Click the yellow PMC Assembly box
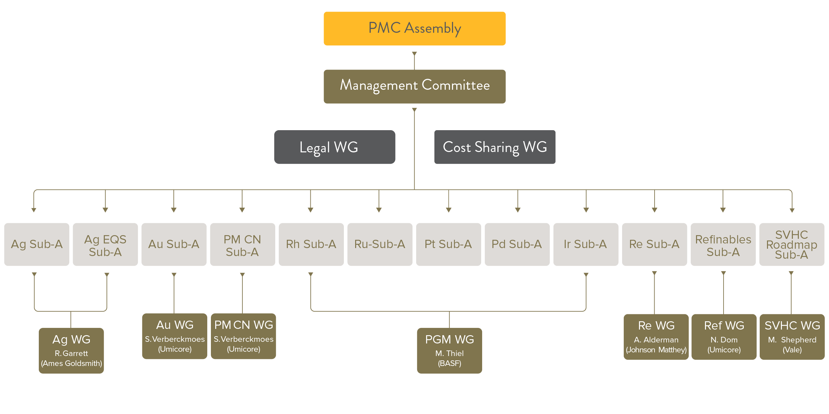[414, 28]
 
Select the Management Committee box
[414, 86]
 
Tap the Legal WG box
[335, 147]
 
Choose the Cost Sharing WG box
[495, 147]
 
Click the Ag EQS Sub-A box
[105, 245]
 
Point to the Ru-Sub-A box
[380, 244]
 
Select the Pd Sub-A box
[517, 244]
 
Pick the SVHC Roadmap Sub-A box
[792, 244]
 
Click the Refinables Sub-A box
[723, 245]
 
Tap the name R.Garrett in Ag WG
[71, 353]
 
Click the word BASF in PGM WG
[449, 363]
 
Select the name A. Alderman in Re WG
[656, 340]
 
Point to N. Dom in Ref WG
[724, 340]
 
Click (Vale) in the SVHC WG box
[792, 350]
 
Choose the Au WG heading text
[175, 325]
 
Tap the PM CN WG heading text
[243, 325]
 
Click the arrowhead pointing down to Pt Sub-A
[449, 210]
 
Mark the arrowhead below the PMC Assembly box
[414, 54]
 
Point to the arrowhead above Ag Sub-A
[33, 210]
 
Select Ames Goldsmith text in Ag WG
[71, 363]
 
